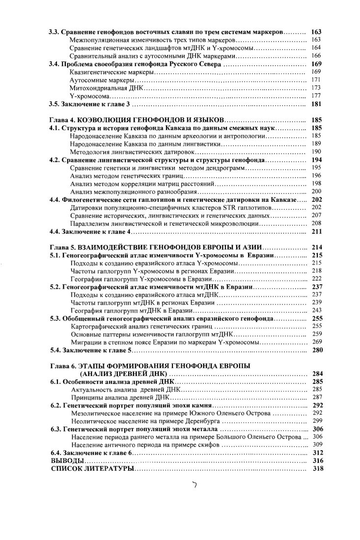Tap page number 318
click(317, 469)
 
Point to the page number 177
click(317, 96)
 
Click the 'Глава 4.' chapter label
click(65, 120)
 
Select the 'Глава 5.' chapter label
click(65, 248)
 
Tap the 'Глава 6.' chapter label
click(65, 366)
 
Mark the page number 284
click(317, 374)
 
